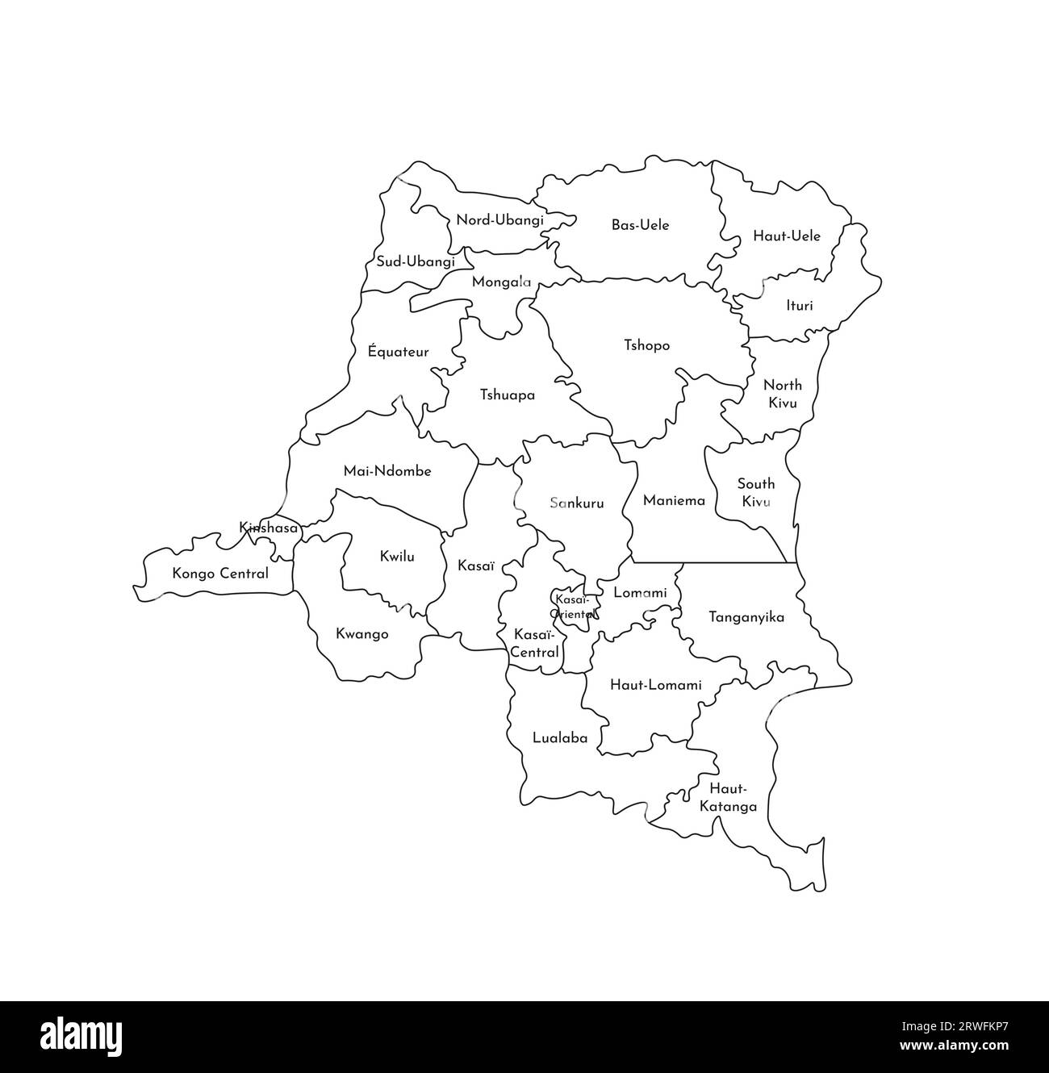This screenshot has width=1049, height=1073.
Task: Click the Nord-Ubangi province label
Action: click(499, 219)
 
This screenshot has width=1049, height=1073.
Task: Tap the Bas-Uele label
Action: click(640, 225)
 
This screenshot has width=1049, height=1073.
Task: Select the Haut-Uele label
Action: click(786, 236)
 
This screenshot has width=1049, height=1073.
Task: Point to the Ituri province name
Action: click(799, 306)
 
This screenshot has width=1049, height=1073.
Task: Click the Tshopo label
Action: click(646, 345)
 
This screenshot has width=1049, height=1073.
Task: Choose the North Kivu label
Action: click(782, 393)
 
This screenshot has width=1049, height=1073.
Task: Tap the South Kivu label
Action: click(755, 492)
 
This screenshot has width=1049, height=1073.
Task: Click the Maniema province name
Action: click(674, 500)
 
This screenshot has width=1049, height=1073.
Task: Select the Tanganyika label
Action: click(746, 617)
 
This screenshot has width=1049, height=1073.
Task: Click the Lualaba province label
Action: click(559, 737)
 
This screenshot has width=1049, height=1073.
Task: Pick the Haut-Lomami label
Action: click(655, 685)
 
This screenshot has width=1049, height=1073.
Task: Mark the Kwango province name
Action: click(362, 634)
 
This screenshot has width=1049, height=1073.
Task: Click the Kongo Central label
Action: click(220, 574)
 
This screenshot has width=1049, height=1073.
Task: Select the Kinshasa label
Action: click(269, 528)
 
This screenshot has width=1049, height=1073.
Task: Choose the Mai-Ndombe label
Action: click(387, 470)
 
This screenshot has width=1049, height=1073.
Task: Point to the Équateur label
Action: click(398, 352)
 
